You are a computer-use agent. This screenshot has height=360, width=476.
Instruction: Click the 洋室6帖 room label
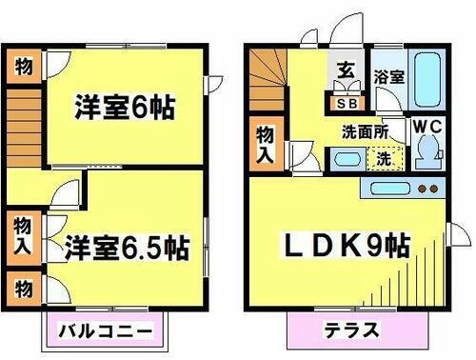point(124,106)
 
